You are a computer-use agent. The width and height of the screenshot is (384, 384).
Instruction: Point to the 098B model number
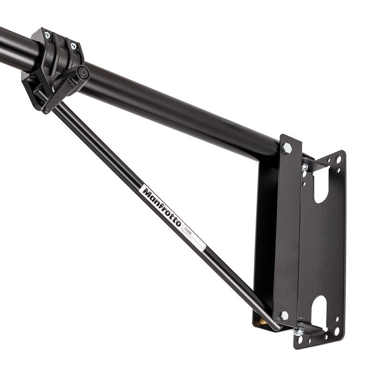188,232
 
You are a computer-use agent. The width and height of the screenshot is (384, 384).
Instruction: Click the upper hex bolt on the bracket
287,148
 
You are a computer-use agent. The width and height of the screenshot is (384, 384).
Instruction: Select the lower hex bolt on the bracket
284,315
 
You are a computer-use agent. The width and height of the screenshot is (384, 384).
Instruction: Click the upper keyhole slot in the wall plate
321,185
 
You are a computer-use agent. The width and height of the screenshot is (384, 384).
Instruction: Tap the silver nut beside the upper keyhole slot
304,168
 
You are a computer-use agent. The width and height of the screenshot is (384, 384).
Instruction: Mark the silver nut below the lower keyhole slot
298,332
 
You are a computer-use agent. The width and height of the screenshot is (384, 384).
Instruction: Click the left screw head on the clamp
47,35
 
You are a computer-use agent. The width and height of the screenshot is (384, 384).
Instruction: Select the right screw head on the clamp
73,46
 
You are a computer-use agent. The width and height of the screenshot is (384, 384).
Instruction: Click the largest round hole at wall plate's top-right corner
339,159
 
